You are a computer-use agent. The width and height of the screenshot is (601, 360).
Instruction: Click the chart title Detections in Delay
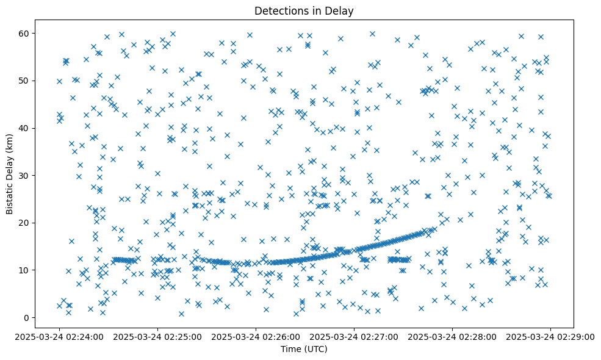pos(304,10)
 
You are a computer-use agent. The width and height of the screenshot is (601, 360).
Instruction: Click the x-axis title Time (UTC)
pos(304,349)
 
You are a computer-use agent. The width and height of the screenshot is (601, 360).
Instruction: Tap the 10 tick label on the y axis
pos(25,270)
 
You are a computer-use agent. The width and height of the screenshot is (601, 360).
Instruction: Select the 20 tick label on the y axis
pos(25,223)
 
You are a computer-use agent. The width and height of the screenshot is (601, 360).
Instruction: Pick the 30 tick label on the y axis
pos(25,175)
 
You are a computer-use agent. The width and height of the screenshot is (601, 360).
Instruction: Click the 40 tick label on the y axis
pos(25,128)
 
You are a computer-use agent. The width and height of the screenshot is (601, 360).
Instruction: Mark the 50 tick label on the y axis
pos(25,81)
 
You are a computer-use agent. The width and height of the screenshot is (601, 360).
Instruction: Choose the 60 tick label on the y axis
pos(25,33)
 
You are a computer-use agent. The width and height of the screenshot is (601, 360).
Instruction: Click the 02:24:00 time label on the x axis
pos(59,336)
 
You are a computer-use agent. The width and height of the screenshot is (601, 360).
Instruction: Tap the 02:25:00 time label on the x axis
pos(157,336)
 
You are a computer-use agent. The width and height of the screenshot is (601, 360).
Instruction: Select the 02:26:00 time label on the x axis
pos(256,336)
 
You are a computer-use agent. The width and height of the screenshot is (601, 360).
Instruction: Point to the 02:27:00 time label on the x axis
pos(354,336)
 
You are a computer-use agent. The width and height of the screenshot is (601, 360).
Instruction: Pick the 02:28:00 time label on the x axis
pos(452,336)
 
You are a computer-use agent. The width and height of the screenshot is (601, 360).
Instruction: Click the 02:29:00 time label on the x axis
pos(550,336)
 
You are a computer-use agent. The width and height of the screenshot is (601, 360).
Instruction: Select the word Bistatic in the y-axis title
pos(10,195)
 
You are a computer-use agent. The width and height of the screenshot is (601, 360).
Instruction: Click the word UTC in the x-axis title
pos(316,349)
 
